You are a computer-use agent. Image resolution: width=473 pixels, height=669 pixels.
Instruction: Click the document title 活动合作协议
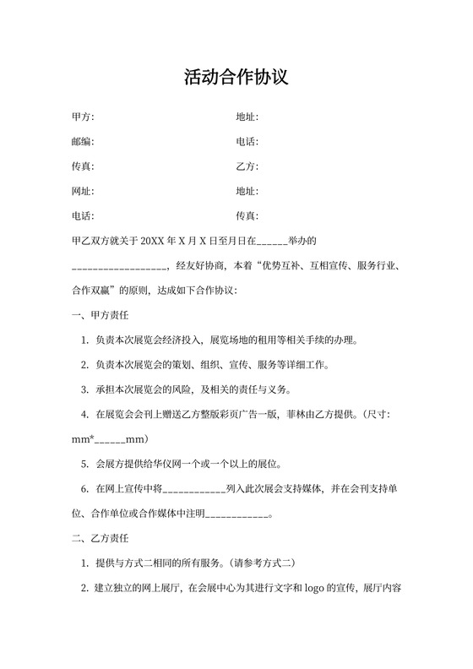tap(236, 78)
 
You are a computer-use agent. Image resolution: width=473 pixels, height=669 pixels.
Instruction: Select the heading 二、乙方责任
tap(101, 538)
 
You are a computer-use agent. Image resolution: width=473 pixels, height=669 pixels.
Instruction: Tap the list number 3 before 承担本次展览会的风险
tap(84, 390)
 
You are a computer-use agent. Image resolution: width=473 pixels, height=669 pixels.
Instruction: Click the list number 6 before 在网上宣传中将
tap(84, 489)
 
